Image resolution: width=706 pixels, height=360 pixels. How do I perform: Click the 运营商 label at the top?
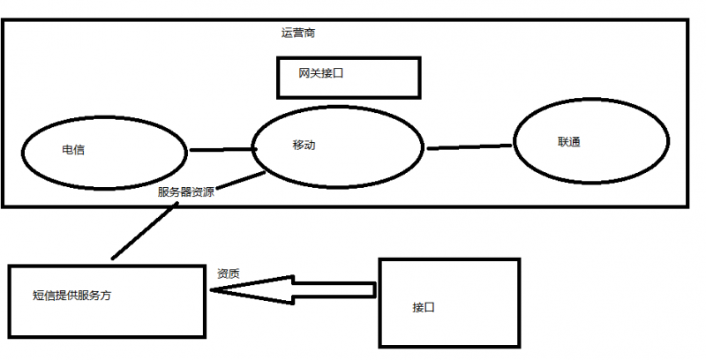298,33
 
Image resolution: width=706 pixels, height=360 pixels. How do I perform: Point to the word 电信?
73,150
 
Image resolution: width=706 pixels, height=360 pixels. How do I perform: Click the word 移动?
304,145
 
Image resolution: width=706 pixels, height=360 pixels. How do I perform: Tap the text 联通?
569,142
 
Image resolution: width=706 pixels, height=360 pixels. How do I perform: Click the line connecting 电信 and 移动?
221,150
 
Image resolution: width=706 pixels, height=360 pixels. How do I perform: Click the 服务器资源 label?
185,192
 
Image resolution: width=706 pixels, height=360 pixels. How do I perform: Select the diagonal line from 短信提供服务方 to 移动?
146,229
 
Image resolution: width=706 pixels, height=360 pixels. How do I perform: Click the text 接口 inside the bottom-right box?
424,308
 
